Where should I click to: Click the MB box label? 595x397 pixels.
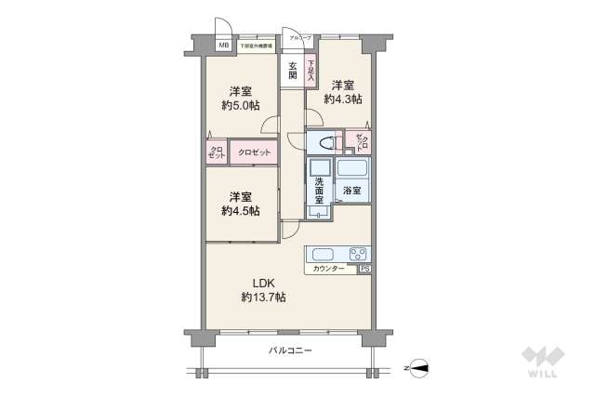tap(223, 45)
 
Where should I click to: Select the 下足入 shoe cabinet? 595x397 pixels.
tap(311, 70)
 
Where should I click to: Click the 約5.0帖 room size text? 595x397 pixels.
tap(240, 99)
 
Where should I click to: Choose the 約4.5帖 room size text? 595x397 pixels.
tap(240, 205)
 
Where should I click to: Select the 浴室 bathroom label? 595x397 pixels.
tap(351, 190)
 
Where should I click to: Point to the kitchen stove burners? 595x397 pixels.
tap(357, 254)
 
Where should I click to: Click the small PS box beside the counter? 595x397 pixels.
tap(365, 269)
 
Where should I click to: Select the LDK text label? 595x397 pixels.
tap(263, 283)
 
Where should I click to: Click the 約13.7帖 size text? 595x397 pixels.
tap(263, 297)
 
